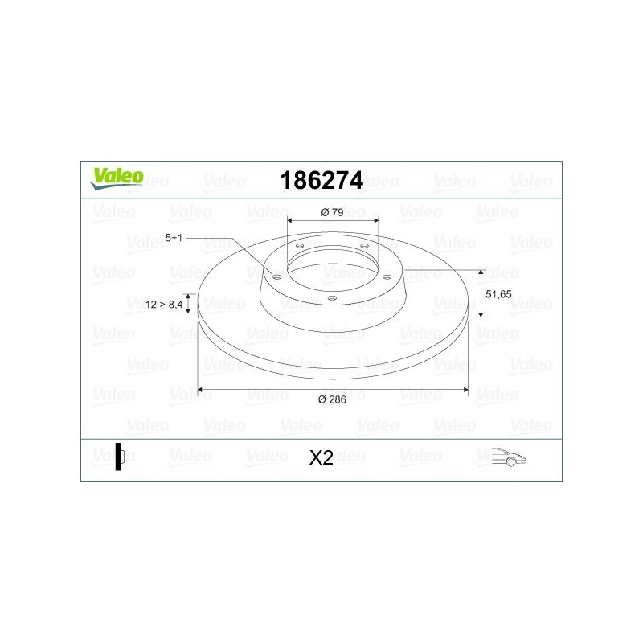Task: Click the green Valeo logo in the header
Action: [117, 178]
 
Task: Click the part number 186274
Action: [321, 180]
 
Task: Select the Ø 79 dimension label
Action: [332, 212]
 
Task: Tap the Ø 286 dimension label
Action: [332, 399]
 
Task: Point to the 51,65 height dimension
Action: [498, 294]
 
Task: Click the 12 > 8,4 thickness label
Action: [164, 305]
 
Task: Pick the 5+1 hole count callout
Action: [174, 238]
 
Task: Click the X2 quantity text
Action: [321, 457]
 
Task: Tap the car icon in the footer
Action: [509, 457]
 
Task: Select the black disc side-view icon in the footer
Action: [119, 457]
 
